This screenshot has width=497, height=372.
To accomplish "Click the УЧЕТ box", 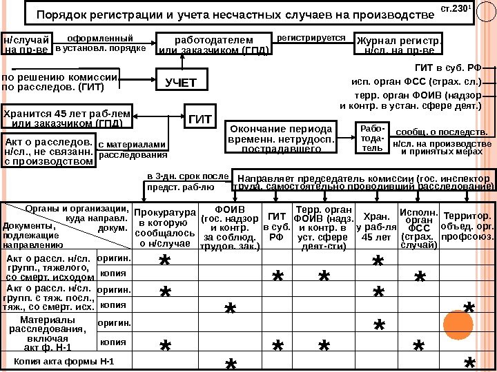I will pyautogui.click(x=181, y=82).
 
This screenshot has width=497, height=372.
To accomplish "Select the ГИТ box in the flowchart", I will pyautogui.click(x=199, y=118).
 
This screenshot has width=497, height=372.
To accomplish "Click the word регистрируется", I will pyautogui.click(x=311, y=39).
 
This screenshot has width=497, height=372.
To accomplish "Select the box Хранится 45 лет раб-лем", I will pyautogui.click(x=67, y=118).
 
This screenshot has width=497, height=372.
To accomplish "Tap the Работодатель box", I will pyautogui.click(x=372, y=138).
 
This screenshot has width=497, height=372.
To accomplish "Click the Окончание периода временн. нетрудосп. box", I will pyautogui.click(x=280, y=138).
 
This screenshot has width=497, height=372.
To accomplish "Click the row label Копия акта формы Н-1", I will pyautogui.click(x=64, y=362).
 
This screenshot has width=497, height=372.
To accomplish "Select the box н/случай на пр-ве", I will pyautogui.click(x=26, y=44).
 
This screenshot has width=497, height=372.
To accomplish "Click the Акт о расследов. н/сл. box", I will pyautogui.click(x=48, y=149).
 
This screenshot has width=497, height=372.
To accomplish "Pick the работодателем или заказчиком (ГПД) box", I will pyautogui.click(x=213, y=44).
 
